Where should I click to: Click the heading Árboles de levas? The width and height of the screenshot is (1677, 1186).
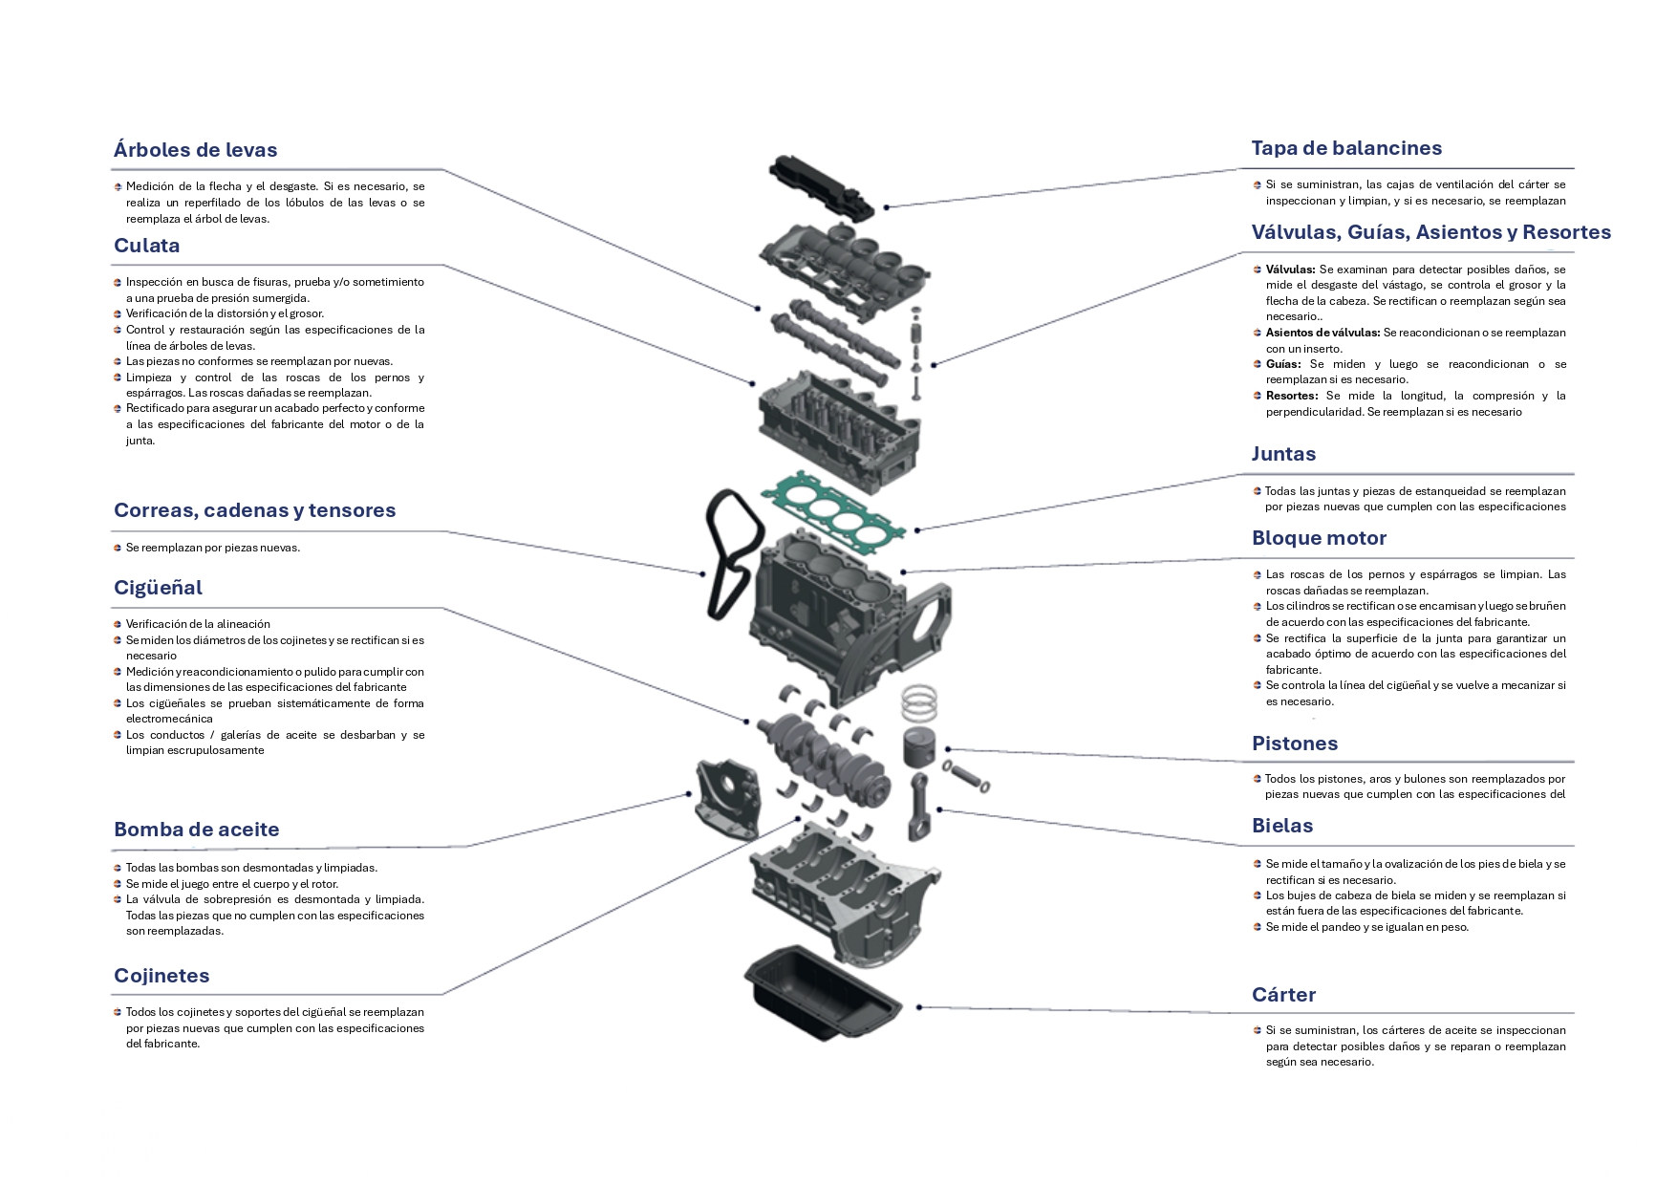click(195, 150)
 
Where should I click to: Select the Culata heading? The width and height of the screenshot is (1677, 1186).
click(146, 246)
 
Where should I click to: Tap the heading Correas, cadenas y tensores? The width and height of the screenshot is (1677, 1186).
click(254, 510)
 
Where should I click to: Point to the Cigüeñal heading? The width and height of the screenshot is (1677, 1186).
click(158, 588)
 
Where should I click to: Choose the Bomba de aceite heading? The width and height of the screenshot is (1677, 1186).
click(196, 830)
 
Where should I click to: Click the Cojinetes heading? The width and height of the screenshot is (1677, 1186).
click(161, 976)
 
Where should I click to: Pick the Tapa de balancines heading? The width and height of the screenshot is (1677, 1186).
click(1346, 148)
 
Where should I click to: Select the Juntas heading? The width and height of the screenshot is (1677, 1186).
click(1283, 454)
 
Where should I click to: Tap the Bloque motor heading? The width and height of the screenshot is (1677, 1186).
click(1319, 538)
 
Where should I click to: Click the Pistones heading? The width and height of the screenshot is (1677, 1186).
click(1295, 744)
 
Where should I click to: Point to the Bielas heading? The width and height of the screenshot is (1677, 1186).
click(1282, 826)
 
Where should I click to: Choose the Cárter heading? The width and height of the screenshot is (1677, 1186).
click(1283, 995)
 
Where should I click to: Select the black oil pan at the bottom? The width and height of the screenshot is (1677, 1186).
click(823, 995)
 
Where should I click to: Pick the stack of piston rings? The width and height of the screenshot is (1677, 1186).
click(919, 702)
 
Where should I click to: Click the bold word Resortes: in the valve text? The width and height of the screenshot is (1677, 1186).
click(1292, 396)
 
